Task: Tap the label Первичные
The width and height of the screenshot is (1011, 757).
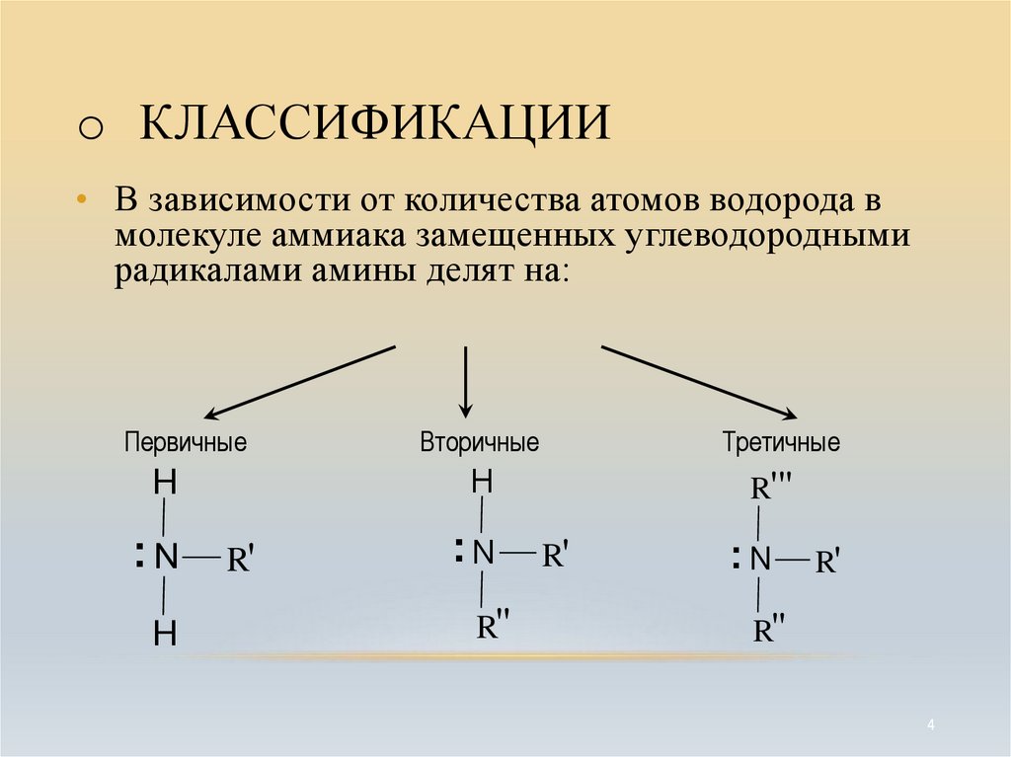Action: (185, 441)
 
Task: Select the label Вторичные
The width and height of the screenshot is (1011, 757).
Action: (479, 441)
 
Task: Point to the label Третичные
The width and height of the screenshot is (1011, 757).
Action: (781, 442)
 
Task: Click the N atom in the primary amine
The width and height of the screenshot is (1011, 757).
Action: (165, 558)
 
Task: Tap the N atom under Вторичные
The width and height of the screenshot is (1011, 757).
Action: (482, 553)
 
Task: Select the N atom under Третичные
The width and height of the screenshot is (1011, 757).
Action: (759, 560)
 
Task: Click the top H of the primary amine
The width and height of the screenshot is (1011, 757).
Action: (165, 485)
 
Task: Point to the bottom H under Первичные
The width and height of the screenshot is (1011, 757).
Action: (165, 635)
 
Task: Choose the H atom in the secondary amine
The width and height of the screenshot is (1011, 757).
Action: (481, 482)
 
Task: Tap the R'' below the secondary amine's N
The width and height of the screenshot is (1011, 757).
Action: (493, 627)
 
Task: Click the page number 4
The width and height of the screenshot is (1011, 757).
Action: (931, 725)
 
